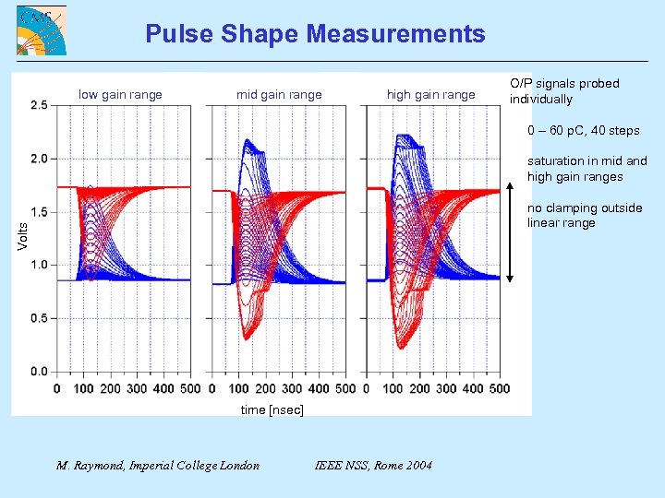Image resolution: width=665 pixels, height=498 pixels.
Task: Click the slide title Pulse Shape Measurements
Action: click(315, 35)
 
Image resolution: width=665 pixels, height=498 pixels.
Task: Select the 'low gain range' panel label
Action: click(120, 94)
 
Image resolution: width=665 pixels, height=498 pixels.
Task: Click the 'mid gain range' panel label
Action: click(279, 94)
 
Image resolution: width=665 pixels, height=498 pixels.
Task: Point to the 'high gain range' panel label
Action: click(430, 94)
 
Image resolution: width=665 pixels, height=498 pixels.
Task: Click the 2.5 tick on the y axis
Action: click(39, 106)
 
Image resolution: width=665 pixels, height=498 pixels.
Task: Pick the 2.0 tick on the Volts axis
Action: click(39, 159)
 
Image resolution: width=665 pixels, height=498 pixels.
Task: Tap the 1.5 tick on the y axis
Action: click(39, 212)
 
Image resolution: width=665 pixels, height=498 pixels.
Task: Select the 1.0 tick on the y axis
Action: click(39, 265)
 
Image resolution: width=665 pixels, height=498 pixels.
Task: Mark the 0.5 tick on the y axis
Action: click(39, 318)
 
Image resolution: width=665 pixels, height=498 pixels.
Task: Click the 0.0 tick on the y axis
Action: click(39, 372)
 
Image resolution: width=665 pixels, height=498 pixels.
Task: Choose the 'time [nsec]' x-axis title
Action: click(272, 409)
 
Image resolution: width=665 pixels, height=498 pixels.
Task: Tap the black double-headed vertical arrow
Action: click(510, 231)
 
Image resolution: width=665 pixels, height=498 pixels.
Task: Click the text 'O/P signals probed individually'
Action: click(564, 91)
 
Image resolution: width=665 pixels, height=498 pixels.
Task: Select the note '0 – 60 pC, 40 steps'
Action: click(583, 130)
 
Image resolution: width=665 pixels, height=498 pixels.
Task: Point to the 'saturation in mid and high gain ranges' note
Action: click(586, 169)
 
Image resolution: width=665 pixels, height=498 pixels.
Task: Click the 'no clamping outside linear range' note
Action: click(584, 215)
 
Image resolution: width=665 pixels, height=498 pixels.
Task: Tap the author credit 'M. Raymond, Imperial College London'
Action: click(158, 465)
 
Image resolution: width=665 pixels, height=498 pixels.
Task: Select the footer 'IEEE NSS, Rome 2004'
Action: click(373, 465)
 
